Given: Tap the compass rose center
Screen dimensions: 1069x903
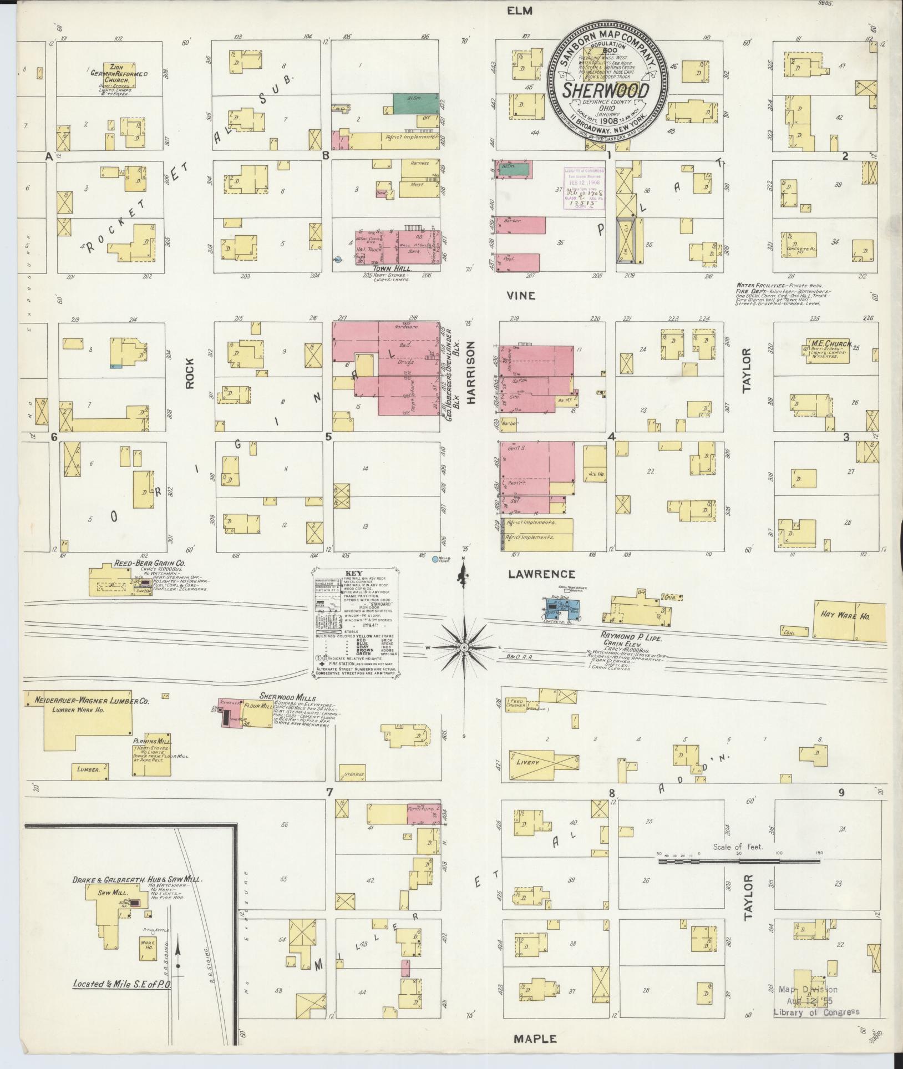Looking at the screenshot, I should pos(464,647).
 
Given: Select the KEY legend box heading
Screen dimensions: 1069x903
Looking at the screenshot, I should pos(353,574).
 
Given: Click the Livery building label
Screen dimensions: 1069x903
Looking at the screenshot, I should pos(527,762).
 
